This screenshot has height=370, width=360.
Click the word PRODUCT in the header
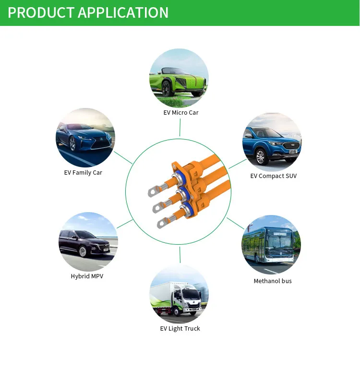coord(41,12)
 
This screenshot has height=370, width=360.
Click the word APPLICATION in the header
coord(123,12)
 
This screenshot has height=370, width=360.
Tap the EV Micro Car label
coord(181,113)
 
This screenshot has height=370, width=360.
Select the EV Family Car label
coord(83,173)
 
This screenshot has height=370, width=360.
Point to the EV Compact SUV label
coord(274,176)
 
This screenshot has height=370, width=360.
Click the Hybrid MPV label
coord(87,276)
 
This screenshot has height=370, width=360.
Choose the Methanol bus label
coord(273,281)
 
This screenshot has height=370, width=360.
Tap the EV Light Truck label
coord(180,329)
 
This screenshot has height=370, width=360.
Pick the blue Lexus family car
coord(84,138)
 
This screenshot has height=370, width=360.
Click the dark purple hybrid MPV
coord(84,243)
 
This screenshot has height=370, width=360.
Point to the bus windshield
coord(279,243)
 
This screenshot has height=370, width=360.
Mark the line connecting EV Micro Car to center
coord(180,128)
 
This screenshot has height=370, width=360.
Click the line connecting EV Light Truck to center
coord(180,255)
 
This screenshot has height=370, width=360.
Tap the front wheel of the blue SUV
coord(261,156)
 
